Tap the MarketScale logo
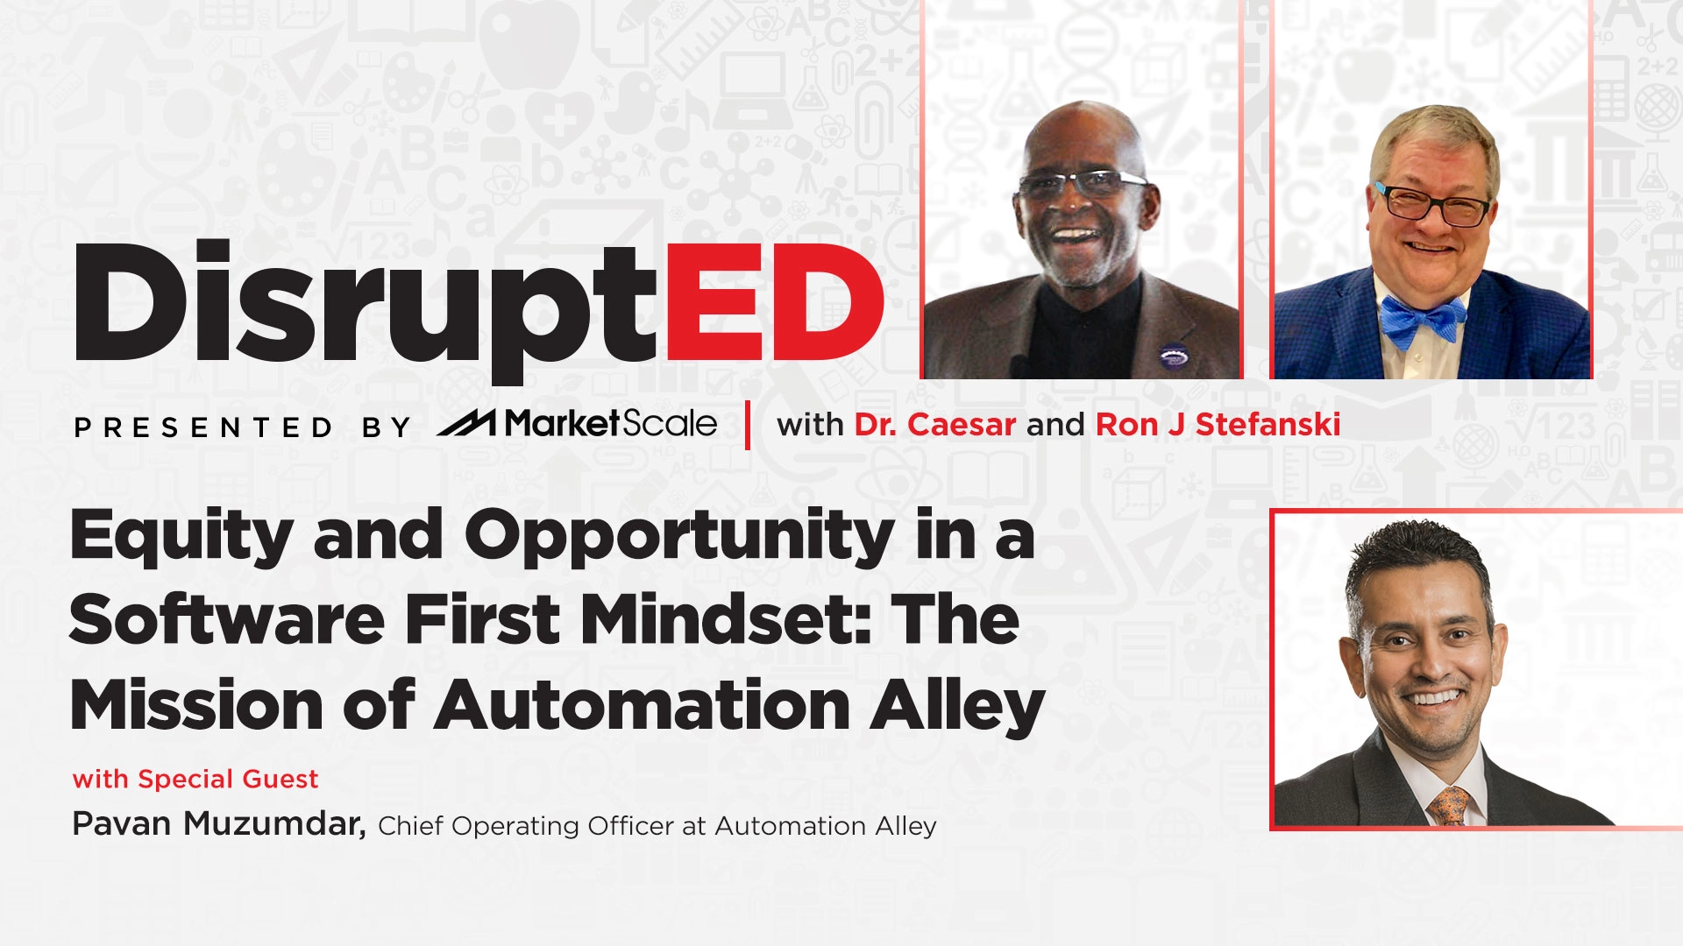pyautogui.click(x=577, y=425)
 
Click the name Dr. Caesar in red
pyautogui.click(x=934, y=425)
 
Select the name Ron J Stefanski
pyautogui.click(x=1218, y=425)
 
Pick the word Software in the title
pyautogui.click(x=226, y=620)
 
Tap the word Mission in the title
pyautogui.click(x=197, y=705)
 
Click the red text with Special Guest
pyautogui.click(x=195, y=779)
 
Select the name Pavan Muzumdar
pyautogui.click(x=218, y=824)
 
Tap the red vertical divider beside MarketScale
pyautogui.click(x=748, y=425)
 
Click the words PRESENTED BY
pyautogui.click(x=242, y=427)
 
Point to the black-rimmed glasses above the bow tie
pyautogui.click(x=1432, y=206)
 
